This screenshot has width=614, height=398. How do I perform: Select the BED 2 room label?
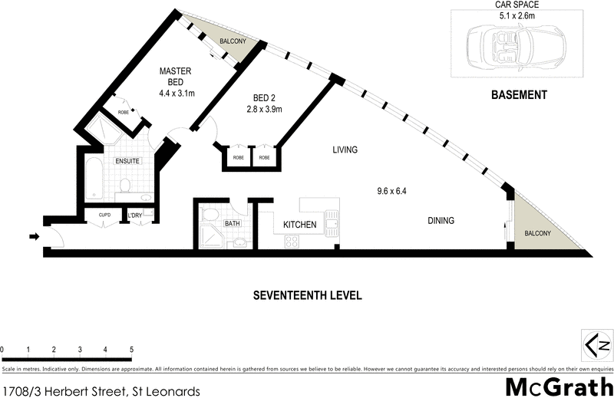pyautogui.click(x=265, y=104)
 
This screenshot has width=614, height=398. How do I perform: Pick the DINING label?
pyautogui.click(x=441, y=221)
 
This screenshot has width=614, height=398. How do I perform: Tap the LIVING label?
pyautogui.click(x=345, y=150)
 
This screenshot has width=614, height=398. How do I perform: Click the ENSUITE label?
pyautogui.click(x=127, y=162)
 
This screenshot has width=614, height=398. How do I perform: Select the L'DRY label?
pyautogui.click(x=135, y=215)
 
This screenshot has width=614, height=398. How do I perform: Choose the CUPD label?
pyautogui.click(x=105, y=215)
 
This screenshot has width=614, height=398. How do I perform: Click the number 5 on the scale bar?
pyautogui.click(x=132, y=350)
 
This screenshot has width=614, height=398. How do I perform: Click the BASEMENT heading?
pyautogui.click(x=518, y=96)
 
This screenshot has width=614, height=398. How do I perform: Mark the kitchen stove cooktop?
pyautogui.click(x=292, y=241)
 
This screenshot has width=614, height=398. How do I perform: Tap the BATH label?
pyautogui.click(x=233, y=223)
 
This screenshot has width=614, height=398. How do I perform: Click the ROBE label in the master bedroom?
pyautogui.click(x=124, y=113)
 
